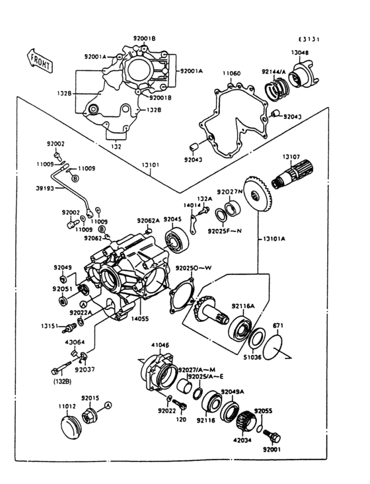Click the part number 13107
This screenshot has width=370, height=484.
pyautogui.click(x=291, y=157)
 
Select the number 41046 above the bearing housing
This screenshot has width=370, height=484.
pyautogui.click(x=161, y=344)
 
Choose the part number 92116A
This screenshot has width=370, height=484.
pyautogui.click(x=243, y=306)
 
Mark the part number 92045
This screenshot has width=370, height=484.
pyautogui.click(x=172, y=220)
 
